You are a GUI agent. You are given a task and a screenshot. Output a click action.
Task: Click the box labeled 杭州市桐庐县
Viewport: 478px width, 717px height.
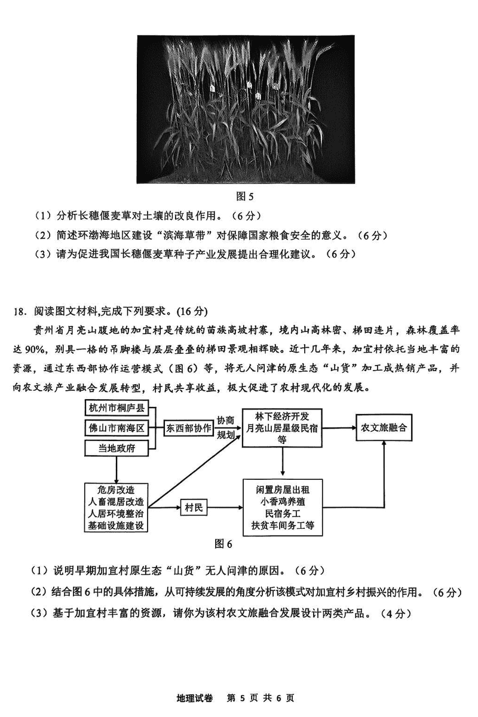pos(116,409)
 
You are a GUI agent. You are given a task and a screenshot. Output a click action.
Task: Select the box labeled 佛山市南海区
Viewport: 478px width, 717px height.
pos(116,428)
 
